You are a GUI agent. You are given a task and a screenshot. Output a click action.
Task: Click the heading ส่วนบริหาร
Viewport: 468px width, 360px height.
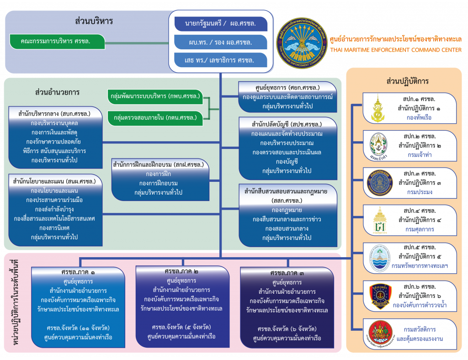tap(94, 21)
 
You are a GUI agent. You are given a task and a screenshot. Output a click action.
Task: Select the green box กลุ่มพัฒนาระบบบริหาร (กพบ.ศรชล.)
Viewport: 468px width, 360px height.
tap(155, 97)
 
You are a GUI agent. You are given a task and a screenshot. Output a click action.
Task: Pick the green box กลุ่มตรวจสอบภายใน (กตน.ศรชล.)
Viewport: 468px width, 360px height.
tap(155, 118)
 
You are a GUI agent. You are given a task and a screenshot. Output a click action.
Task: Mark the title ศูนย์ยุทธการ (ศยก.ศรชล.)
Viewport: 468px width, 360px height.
tap(287, 87)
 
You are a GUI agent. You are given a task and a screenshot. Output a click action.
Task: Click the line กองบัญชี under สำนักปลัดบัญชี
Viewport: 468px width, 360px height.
tap(287, 161)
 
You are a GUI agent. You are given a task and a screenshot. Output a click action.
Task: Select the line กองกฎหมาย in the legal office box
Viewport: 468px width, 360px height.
tap(287, 210)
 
